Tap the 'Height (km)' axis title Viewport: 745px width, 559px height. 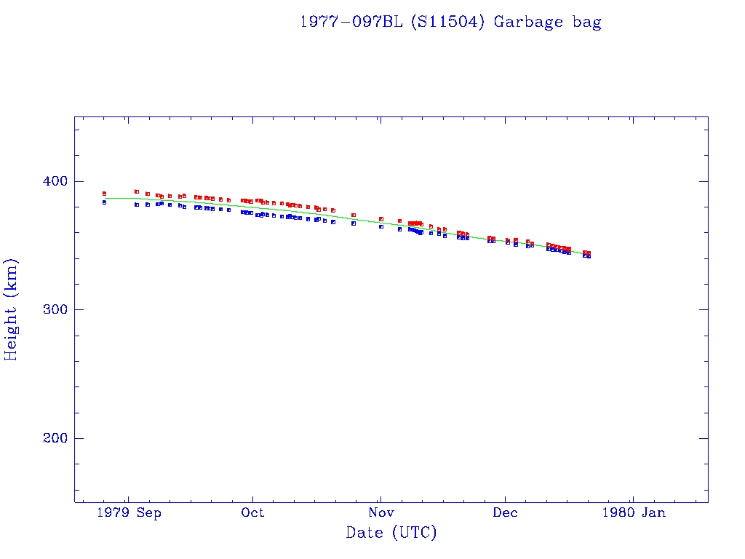tap(12, 309)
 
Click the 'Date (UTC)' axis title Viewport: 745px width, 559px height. tap(391, 533)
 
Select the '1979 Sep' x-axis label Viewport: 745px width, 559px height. tap(128, 512)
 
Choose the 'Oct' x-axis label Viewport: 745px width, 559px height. tap(252, 512)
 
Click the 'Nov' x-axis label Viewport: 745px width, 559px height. tap(380, 512)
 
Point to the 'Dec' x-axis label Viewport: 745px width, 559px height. tap(505, 512)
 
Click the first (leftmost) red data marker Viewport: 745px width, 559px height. tap(104, 194)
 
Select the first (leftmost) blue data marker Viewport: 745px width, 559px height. tap(104, 202)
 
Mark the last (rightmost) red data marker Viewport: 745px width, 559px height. tap(588, 253)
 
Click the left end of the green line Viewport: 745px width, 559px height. tap(104, 198)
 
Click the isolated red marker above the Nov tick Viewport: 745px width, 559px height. tap(381, 218)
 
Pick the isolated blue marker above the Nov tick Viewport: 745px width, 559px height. tap(381, 226)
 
